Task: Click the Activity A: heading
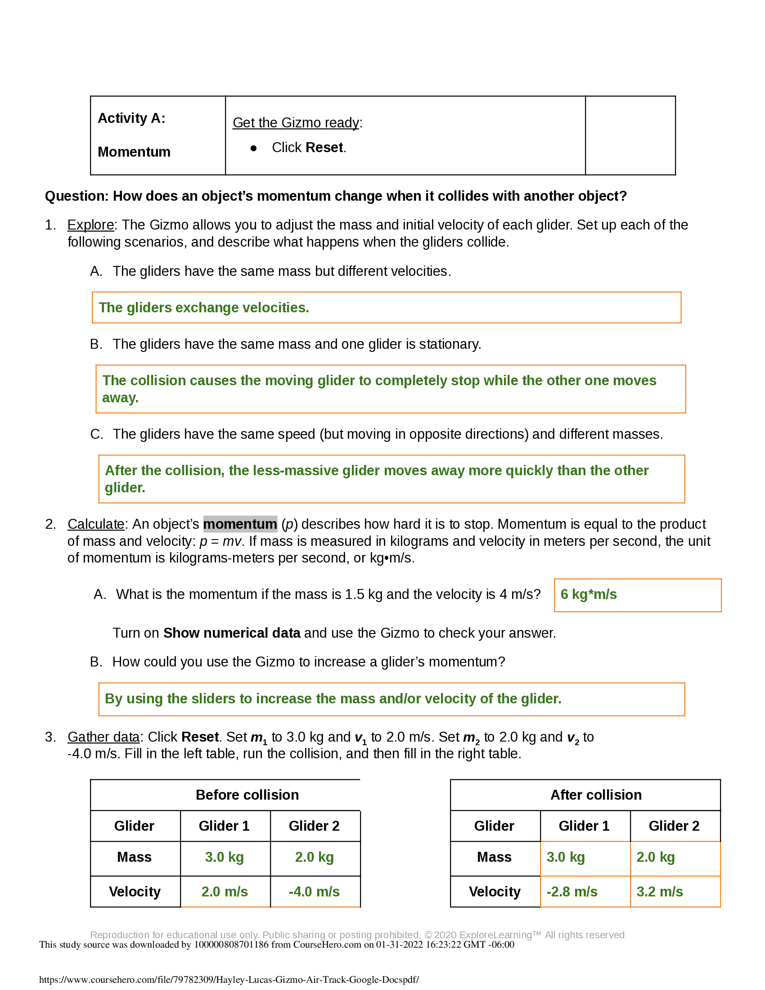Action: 131,118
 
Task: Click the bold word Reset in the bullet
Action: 324,148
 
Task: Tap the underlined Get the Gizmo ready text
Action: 296,123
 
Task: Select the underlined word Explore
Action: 90,225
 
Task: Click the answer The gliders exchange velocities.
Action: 204,308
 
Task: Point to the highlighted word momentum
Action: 240,524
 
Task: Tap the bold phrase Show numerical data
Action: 232,633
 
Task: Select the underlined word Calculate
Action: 95,524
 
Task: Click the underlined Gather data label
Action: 103,737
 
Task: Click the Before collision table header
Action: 247,795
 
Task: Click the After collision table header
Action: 595,795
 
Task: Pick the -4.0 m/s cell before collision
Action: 314,891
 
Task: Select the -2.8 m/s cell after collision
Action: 571,891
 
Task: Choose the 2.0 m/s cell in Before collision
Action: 225,891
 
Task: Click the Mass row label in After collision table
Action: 494,857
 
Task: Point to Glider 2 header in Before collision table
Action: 314,826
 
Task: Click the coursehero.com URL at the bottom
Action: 229,980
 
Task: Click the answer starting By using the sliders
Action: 333,698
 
